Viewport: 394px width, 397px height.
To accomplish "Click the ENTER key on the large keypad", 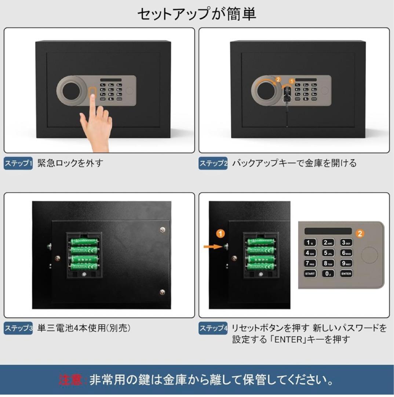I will (x=346, y=273).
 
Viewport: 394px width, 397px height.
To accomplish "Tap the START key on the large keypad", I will (x=310, y=273).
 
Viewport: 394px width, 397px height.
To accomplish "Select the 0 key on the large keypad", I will (x=328, y=273).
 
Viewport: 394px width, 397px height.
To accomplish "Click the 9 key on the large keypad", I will (x=346, y=263).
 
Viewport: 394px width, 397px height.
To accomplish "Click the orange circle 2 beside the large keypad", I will (x=360, y=233).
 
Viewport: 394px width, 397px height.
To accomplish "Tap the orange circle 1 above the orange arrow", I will (x=220, y=233).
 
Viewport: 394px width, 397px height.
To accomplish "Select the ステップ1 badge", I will (x=18, y=163).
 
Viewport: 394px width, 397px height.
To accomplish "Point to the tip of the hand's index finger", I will (x=92, y=97).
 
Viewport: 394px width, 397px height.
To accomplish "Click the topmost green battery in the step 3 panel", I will (x=84, y=242).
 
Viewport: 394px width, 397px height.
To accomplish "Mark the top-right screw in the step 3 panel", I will (x=163, y=230).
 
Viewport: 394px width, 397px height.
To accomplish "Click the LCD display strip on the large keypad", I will (x=328, y=231).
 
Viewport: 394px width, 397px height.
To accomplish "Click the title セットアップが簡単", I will (x=197, y=14).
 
